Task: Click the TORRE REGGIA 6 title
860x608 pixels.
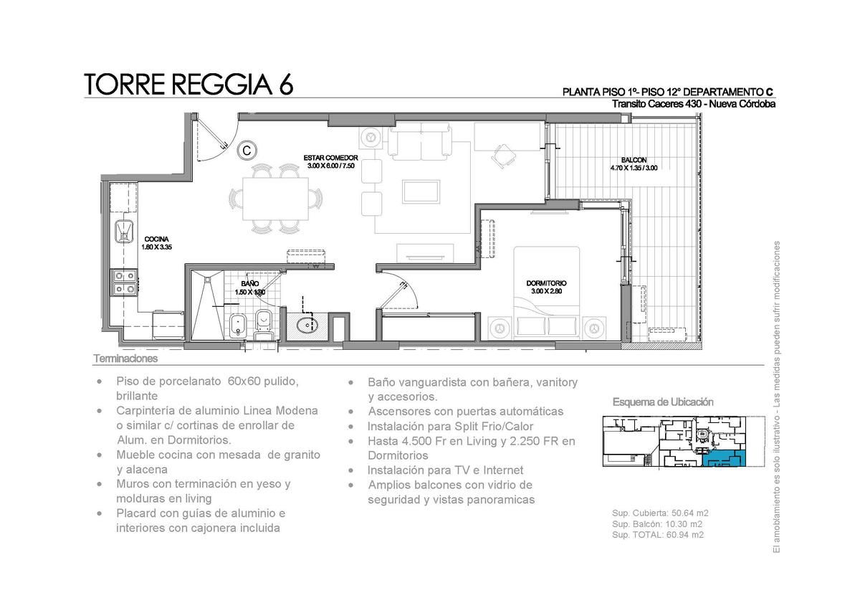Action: [188, 84]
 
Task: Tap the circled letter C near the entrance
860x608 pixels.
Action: [247, 150]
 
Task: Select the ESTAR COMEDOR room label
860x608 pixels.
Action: [330, 158]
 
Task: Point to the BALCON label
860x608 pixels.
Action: [634, 160]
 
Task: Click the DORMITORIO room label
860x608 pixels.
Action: [546, 283]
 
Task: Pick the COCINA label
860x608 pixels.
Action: [156, 239]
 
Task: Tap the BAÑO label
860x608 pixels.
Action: [250, 283]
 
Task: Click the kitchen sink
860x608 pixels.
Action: [125, 231]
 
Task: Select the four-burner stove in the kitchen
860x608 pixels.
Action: [123, 282]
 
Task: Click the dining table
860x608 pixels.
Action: [275, 199]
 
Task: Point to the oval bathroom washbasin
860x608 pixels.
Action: [307, 326]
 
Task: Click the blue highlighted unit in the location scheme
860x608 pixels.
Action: [723, 459]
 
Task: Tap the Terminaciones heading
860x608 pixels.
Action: [125, 358]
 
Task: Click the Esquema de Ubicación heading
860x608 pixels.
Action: [663, 402]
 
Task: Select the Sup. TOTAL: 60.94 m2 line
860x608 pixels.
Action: [658, 535]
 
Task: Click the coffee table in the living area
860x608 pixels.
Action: [421, 191]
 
